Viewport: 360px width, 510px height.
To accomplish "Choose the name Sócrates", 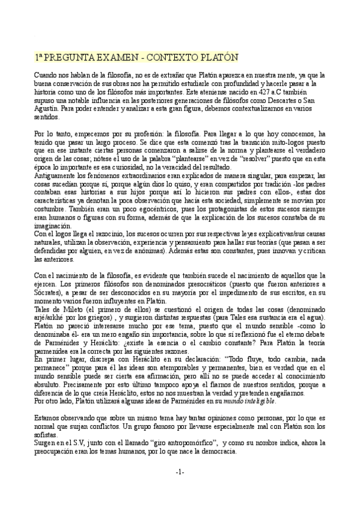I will pos(49,292).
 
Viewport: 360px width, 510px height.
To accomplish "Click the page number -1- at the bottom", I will pos(180,472).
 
